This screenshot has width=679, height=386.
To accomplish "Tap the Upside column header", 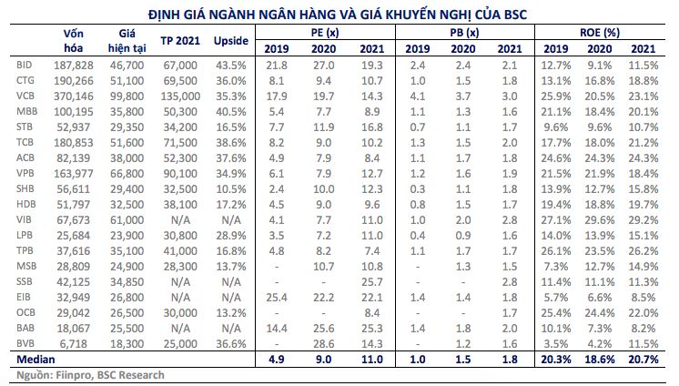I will [230, 41].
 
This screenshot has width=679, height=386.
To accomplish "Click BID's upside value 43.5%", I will [230, 66].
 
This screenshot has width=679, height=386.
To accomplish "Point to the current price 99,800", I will [127, 95].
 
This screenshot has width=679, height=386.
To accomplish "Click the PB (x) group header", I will [464, 33].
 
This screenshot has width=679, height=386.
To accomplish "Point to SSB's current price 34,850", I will [127, 280].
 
